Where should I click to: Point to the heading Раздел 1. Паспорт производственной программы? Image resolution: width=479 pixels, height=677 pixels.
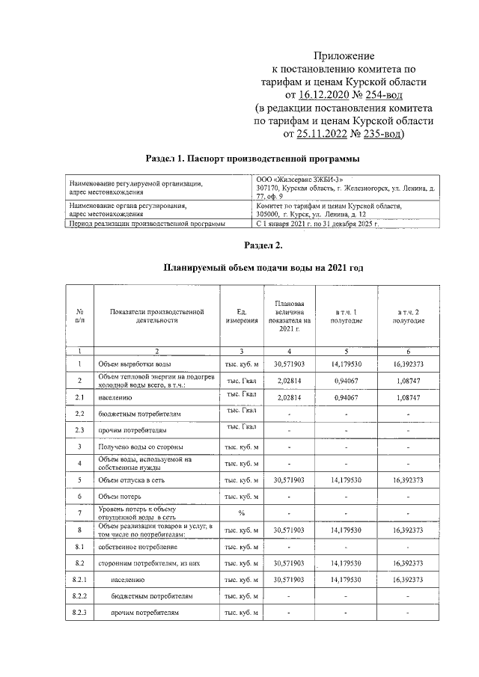[252, 159]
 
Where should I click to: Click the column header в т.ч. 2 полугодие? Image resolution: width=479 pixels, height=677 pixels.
[409, 315]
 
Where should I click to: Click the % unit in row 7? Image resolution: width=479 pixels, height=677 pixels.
[241, 513]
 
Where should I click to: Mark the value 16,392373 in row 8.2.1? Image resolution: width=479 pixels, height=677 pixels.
[409, 580]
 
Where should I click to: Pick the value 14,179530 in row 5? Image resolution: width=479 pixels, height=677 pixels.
[346, 480]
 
